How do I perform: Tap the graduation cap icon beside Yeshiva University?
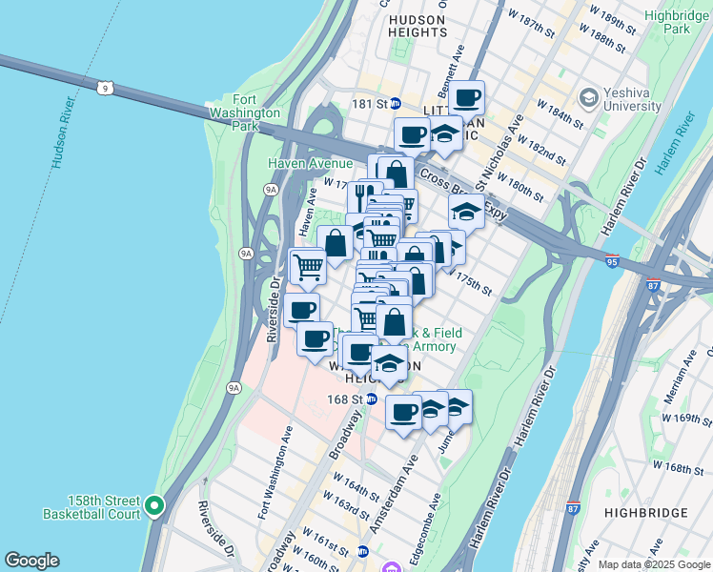589,98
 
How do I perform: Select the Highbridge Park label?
679,22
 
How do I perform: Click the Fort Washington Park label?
245,112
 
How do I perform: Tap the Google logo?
32,560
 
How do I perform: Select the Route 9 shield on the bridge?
112,88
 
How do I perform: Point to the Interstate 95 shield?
611,258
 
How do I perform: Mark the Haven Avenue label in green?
297,164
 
